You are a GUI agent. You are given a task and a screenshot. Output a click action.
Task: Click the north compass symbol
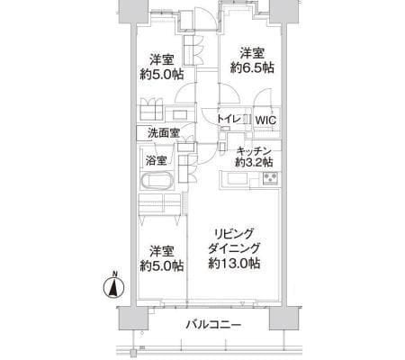click(113, 289)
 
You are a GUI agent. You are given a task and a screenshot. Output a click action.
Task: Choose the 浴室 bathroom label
click(157, 161)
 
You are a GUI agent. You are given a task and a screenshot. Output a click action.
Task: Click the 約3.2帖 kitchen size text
click(254, 163)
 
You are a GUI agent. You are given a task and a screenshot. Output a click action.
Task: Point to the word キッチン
click(254, 149)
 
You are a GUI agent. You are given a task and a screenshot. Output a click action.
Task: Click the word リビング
click(233, 231)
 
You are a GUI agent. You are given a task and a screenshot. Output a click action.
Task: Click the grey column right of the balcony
click(285, 319)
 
